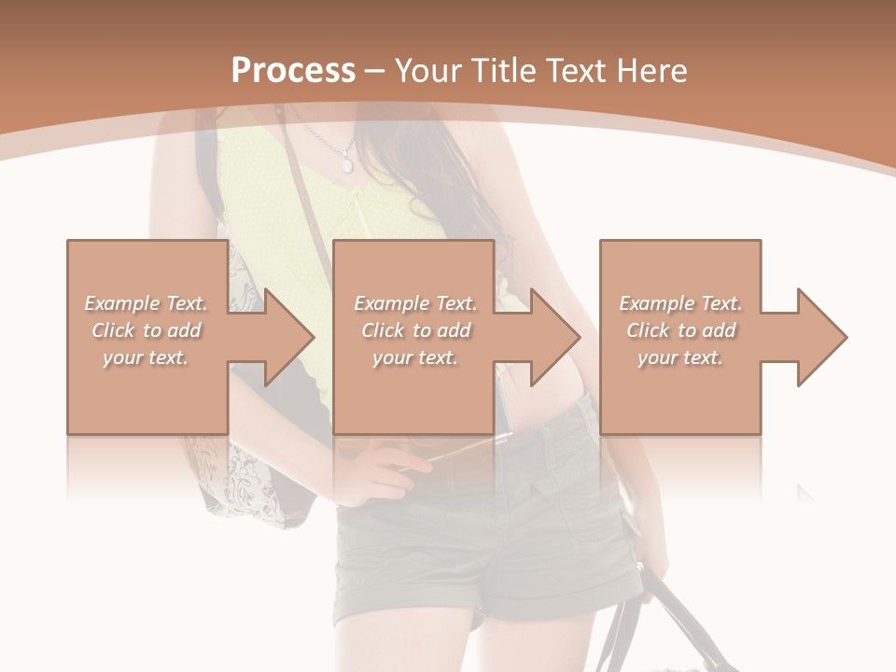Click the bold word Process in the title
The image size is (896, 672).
tap(293, 71)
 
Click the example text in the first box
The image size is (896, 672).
tap(146, 330)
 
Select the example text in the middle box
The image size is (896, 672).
tap(415, 330)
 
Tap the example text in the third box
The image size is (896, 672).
tap(680, 330)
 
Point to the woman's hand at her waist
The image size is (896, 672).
tap(383, 471)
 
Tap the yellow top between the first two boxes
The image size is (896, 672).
tap(280, 215)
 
